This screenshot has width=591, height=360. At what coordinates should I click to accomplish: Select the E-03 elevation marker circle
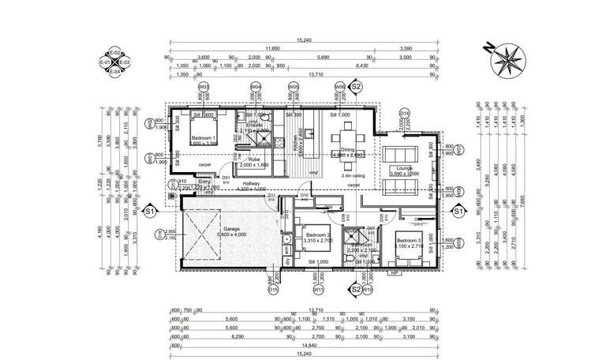[125, 61]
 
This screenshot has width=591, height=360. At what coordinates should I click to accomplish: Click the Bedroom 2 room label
[317, 235]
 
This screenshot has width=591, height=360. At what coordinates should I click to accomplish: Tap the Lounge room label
[404, 167]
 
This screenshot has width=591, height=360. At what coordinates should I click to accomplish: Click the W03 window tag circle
[204, 86]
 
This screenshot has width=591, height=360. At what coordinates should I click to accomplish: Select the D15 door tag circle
[273, 290]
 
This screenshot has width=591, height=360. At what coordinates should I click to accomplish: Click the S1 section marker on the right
[457, 211]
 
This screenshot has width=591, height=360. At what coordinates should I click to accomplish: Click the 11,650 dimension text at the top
[272, 49]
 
